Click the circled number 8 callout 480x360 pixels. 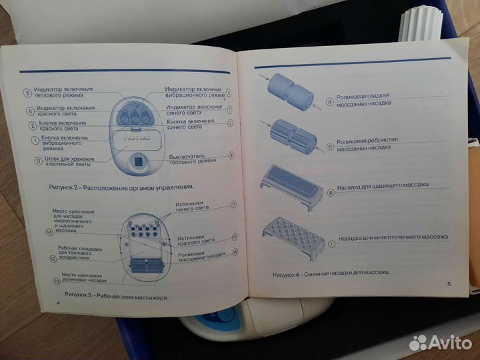(27, 93)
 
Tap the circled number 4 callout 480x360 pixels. (231, 155)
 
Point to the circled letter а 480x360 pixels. (329, 101)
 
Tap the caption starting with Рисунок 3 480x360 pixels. (115, 294)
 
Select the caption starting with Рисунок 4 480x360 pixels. (331, 273)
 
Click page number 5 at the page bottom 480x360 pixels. (448, 285)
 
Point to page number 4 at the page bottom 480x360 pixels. (59, 303)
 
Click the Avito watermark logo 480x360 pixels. (440, 343)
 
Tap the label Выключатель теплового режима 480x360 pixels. (193, 159)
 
